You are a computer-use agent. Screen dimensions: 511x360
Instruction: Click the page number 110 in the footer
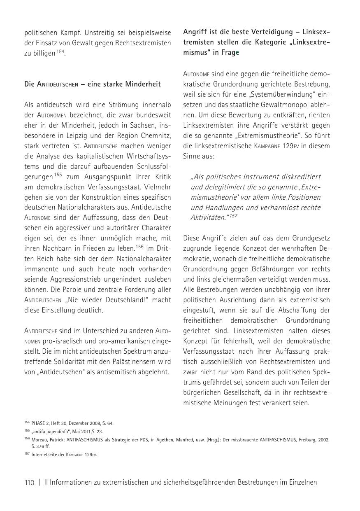tap(29, 483)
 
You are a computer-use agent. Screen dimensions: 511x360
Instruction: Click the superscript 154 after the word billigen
tap(60, 51)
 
